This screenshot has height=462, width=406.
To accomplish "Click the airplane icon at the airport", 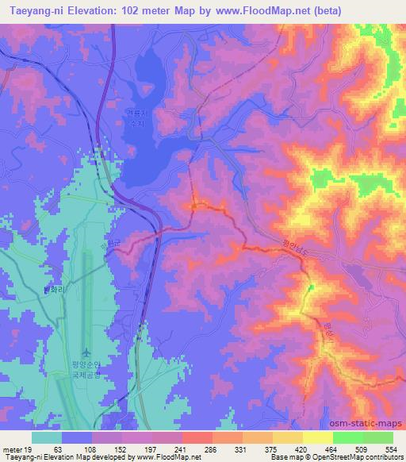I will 86,352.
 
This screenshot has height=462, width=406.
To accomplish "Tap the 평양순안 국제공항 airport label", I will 86,368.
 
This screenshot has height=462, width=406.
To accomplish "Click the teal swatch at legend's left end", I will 47,437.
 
